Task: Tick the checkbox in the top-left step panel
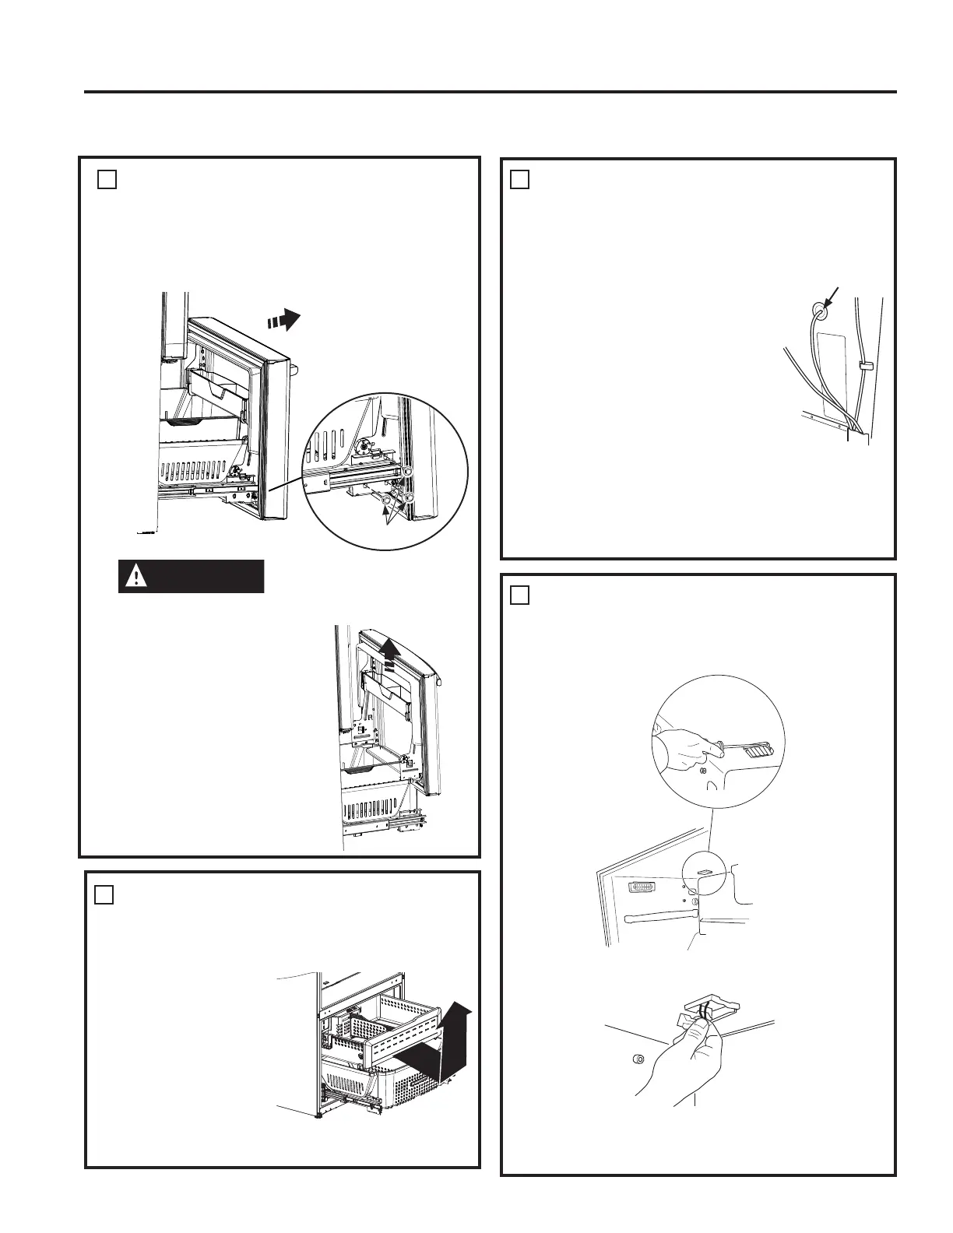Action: click(107, 179)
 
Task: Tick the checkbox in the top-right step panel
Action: click(519, 179)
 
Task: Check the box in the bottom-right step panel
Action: click(519, 595)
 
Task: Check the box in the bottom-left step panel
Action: click(104, 894)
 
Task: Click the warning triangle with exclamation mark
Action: click(136, 577)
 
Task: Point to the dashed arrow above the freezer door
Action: click(283, 318)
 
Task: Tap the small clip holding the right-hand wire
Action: click(863, 364)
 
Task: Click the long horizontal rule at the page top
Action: click(491, 92)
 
